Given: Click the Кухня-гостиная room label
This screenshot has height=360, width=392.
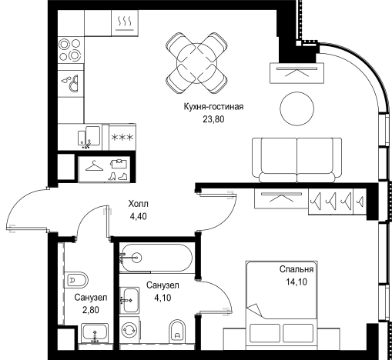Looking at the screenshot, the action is pos(213,107).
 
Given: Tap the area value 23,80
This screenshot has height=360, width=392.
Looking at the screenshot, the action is pos(213,119).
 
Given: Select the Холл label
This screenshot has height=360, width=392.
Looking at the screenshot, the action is pos(139,204).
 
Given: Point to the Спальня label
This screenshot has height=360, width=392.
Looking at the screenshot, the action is pos(297,269).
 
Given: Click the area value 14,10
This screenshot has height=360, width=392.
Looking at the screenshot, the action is pos(297,282).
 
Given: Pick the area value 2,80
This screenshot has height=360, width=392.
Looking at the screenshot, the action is pos(91,310).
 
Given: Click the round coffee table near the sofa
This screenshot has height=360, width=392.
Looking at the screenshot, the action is pos(297,108).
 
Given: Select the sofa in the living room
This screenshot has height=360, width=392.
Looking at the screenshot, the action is pos(297,160).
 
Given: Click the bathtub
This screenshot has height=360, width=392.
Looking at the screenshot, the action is pos(156,258).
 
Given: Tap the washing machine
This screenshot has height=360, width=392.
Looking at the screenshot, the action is pos(129,329).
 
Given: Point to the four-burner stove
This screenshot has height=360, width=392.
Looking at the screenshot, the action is pos(70,50).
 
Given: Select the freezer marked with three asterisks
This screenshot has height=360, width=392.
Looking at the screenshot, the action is pos(122,138).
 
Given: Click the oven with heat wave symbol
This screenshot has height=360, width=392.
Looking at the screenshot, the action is pos(125,23).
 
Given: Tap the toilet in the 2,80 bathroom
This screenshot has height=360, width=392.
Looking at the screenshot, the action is pos(76,280).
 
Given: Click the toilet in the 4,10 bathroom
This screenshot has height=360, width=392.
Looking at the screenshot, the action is pos(177,332).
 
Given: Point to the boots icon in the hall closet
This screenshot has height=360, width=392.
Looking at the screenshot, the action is pos(118,176).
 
